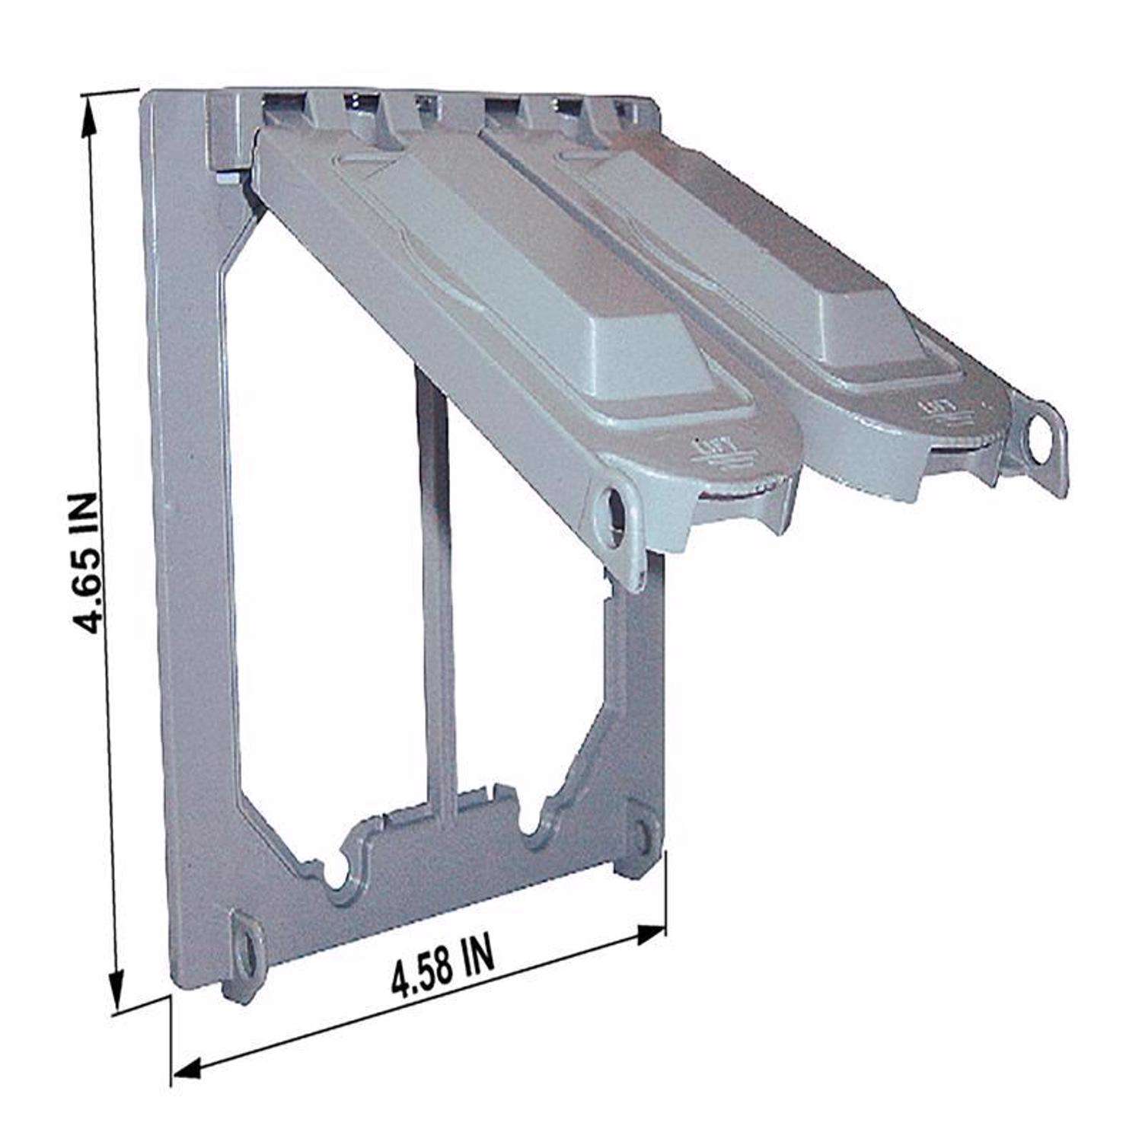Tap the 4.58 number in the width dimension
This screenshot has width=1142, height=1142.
point(421,973)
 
